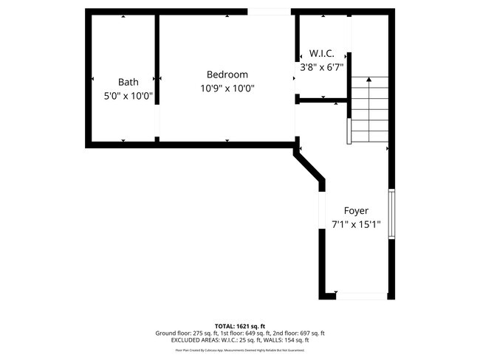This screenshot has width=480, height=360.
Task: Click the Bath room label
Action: click(x=128, y=82)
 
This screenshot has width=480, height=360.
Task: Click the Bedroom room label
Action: click(x=227, y=75)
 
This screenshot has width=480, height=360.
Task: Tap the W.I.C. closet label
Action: click(x=322, y=54)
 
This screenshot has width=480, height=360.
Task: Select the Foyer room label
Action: click(x=356, y=211)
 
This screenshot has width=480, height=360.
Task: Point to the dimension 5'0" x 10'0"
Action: click(x=128, y=96)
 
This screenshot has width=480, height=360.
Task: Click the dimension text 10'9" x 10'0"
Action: click(x=227, y=89)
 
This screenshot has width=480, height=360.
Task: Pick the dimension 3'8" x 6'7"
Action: click(x=322, y=67)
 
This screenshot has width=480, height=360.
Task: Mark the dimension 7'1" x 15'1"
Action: click(x=356, y=225)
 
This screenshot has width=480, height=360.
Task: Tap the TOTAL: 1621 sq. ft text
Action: click(x=240, y=326)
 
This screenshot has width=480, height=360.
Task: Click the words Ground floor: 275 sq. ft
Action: click(x=185, y=333)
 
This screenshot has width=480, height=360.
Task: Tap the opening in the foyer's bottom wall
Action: click(x=361, y=296)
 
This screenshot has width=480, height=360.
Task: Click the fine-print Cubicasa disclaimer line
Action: click(x=240, y=350)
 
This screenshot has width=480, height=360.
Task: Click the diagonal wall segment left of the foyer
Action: click(x=310, y=165)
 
